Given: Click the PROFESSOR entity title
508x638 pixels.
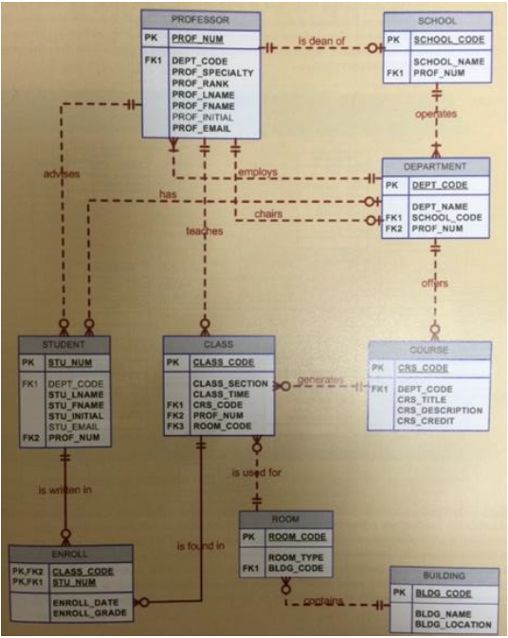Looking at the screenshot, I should click(x=200, y=19).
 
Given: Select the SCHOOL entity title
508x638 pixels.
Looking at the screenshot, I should click(x=436, y=21).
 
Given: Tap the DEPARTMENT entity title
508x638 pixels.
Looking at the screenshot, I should click(x=436, y=165).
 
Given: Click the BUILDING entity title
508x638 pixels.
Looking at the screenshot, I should click(x=444, y=575).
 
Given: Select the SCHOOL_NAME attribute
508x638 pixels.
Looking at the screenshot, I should click(x=447, y=62).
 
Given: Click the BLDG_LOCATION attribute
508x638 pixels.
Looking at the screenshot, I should click(x=453, y=625).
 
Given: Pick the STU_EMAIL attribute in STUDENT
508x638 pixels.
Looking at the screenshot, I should click(x=74, y=428).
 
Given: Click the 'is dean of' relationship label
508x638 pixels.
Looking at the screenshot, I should click(x=321, y=42).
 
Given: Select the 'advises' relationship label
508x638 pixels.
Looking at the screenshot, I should click(x=63, y=173).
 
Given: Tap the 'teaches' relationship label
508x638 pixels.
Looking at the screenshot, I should click(x=204, y=230).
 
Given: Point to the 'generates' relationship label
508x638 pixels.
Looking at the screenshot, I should click(x=318, y=379).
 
